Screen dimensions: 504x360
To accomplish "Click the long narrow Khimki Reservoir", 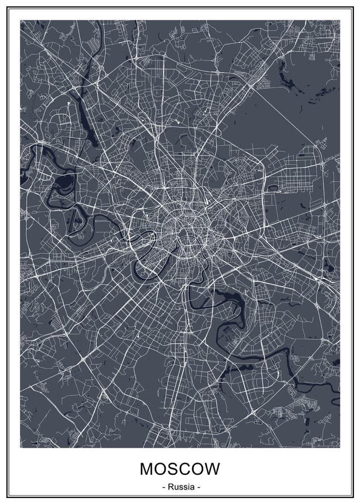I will tap(83, 90).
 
